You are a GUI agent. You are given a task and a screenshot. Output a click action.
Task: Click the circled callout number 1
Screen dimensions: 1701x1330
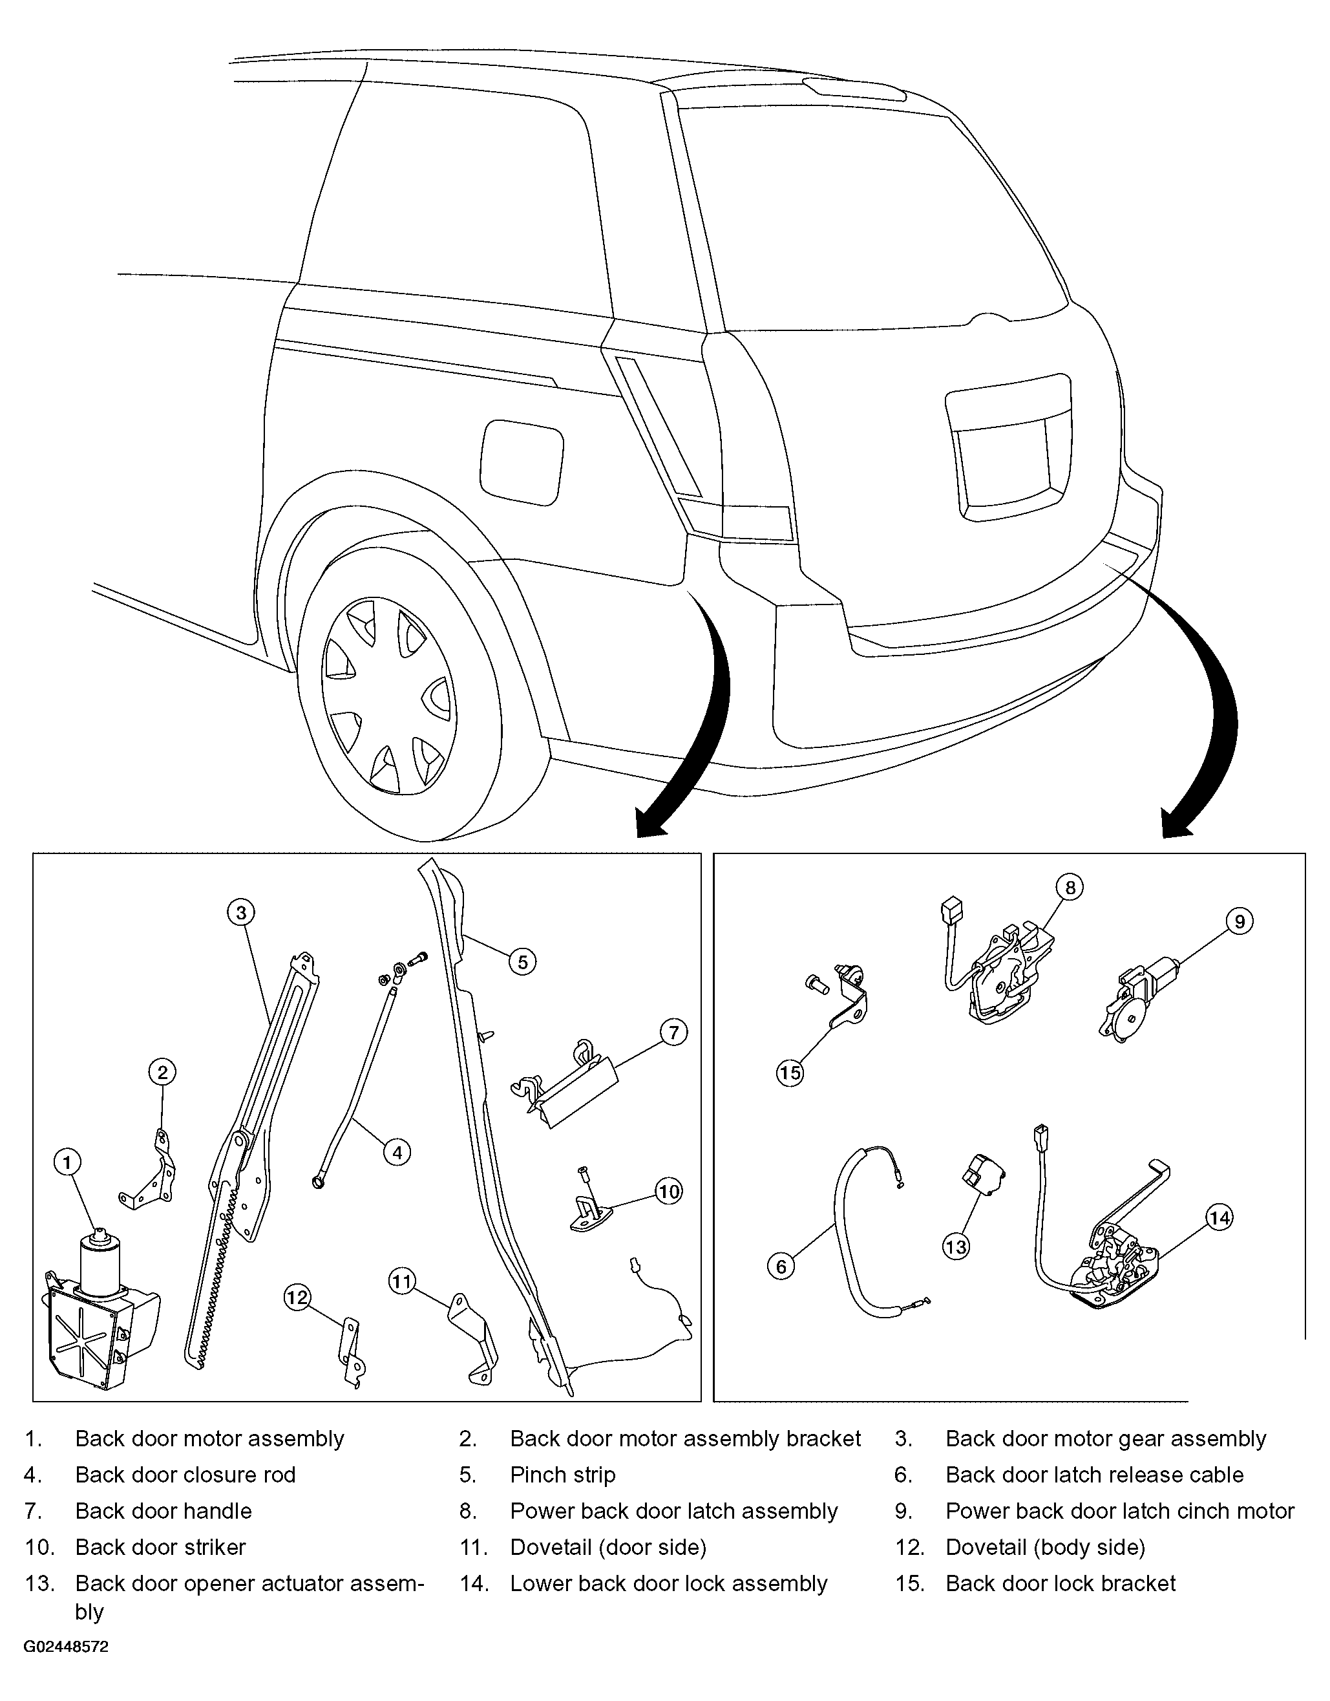click(68, 1164)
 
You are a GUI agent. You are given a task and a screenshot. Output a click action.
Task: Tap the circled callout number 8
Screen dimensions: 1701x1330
click(1070, 886)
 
